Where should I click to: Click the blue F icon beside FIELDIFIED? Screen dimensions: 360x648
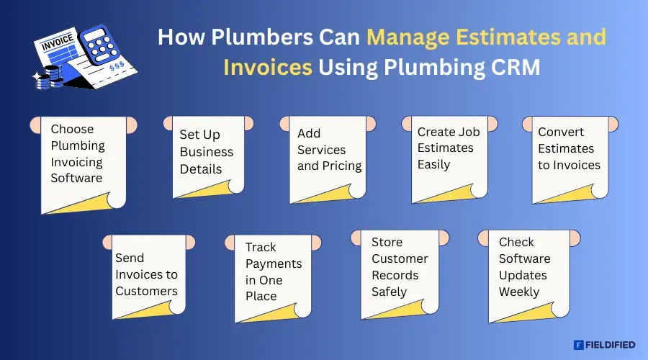pos(578,345)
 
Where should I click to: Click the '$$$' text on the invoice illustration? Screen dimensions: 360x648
pos(116,66)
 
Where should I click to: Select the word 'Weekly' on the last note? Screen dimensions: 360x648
pos(519,292)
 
